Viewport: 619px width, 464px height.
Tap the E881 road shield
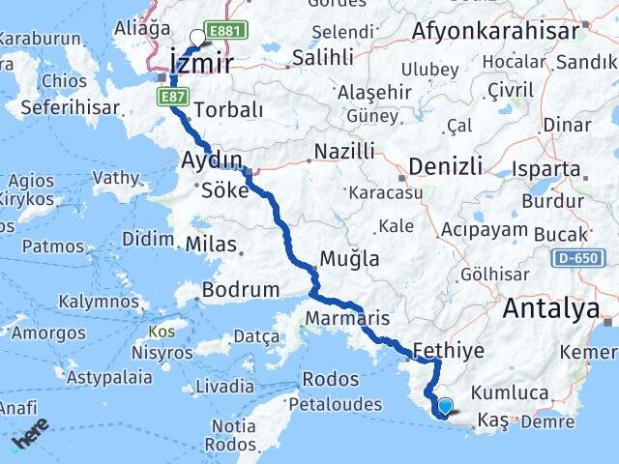[x=227, y=30]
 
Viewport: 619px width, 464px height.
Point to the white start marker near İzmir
[x=198, y=38]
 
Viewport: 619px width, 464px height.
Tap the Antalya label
[x=549, y=309]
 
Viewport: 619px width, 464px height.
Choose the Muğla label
[x=350, y=258]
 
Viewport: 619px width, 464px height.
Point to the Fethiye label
[x=448, y=351]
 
